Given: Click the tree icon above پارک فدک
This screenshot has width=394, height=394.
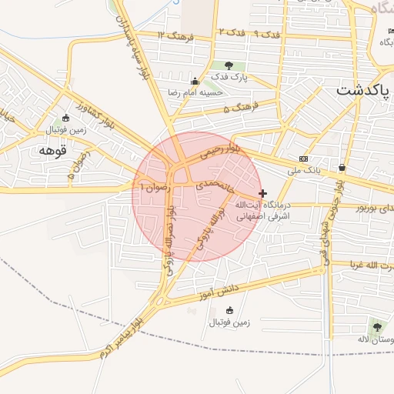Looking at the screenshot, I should click(228, 65).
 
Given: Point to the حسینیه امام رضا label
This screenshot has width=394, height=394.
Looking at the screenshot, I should click(197, 92).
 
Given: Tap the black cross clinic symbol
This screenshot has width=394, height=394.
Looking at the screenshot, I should click(263, 193).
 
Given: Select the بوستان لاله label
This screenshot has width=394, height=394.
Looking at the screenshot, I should click(376, 339).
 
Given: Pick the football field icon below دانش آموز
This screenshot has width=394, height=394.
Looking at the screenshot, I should click(229, 310).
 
